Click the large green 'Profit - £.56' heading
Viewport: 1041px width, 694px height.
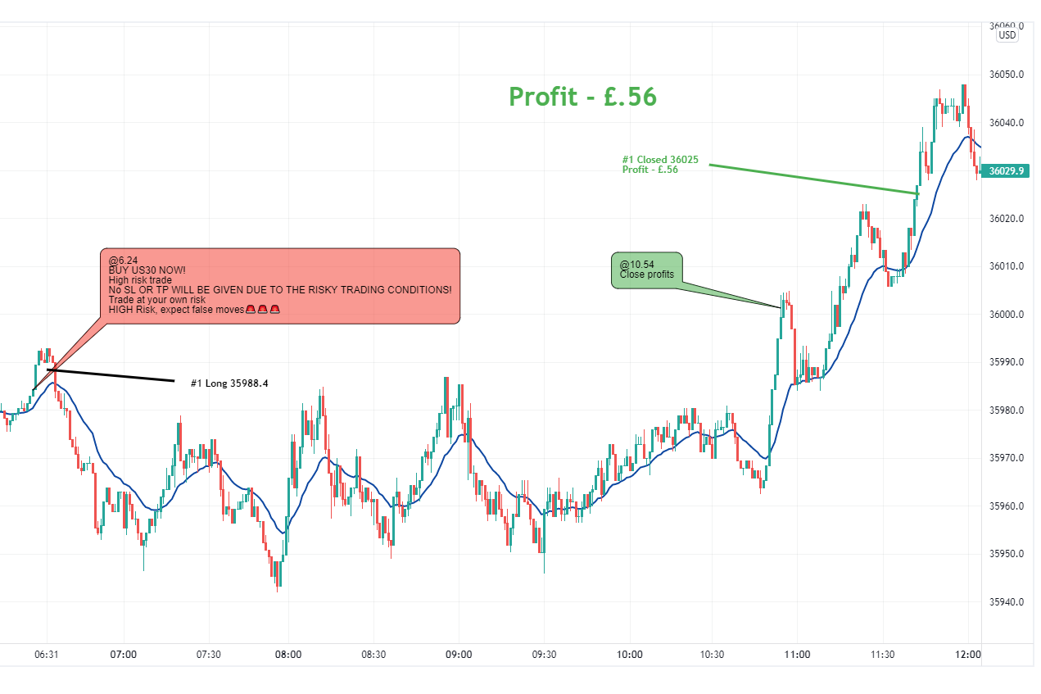coord(582,97)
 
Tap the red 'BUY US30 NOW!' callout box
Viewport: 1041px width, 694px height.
coord(279,286)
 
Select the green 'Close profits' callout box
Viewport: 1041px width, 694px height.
coord(646,270)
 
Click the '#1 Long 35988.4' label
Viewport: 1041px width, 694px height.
coord(229,383)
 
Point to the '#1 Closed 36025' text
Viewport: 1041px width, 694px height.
coord(660,160)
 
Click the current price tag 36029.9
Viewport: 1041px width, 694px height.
coord(1007,171)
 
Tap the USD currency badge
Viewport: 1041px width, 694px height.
coord(1007,35)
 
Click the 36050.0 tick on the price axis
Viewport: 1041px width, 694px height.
coord(1007,75)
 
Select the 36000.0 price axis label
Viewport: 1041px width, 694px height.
coord(1007,315)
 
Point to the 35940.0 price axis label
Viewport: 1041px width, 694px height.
coord(1007,602)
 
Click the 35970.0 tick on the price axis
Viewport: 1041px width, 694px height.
coord(1007,458)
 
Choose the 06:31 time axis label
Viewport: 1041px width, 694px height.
coord(47,655)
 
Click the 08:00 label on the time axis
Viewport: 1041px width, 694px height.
coord(288,655)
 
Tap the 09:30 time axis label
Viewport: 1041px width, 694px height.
coord(544,655)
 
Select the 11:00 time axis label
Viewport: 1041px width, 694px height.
coord(797,655)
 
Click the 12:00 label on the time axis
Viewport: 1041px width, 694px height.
coord(968,655)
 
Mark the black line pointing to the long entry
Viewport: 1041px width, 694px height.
coord(111,375)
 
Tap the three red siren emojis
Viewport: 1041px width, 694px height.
coord(263,309)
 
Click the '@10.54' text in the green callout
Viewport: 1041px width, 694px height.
coord(636,265)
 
